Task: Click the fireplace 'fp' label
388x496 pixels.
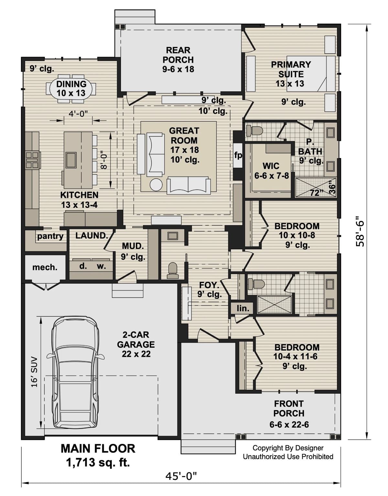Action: tap(238, 155)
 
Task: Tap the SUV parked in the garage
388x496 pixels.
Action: tap(75, 372)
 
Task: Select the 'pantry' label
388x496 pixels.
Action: tap(50, 236)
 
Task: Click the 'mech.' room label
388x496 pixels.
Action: tap(45, 267)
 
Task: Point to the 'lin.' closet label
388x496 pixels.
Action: tap(242, 308)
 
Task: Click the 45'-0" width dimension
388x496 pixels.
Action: tap(181, 476)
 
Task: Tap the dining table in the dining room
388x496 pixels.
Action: tap(71, 88)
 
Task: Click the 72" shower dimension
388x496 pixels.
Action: tap(317, 193)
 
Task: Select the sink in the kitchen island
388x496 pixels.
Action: tap(71, 159)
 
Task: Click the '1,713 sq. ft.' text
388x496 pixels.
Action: tap(98, 462)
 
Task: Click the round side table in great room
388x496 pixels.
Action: tap(156, 185)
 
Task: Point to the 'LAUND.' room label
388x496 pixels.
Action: tap(92, 236)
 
